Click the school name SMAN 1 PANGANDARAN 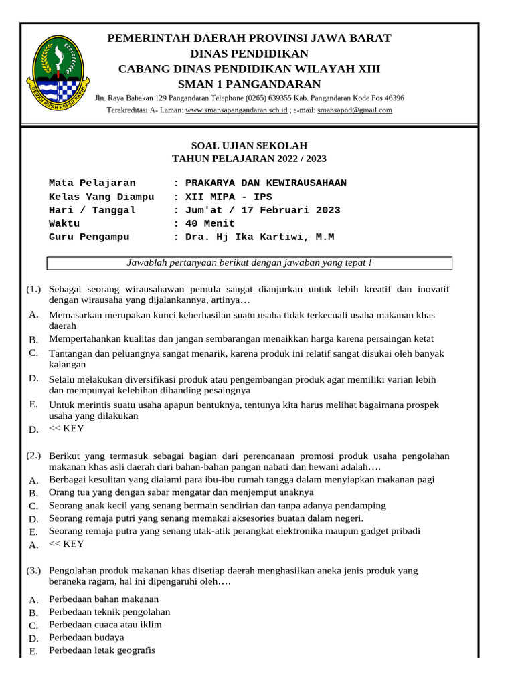point(249,84)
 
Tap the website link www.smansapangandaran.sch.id point(236,110)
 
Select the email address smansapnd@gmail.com point(355,110)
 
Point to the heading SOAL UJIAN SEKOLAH point(249,146)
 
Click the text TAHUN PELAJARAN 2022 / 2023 point(249,159)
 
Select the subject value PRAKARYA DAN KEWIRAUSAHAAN point(266,183)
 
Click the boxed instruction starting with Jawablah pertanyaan point(249,263)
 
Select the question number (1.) point(33,289)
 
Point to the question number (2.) point(33,456)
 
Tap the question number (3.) point(33,571)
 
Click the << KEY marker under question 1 point(67,428)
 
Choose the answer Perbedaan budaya point(86,638)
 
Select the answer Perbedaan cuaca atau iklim point(105,625)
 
